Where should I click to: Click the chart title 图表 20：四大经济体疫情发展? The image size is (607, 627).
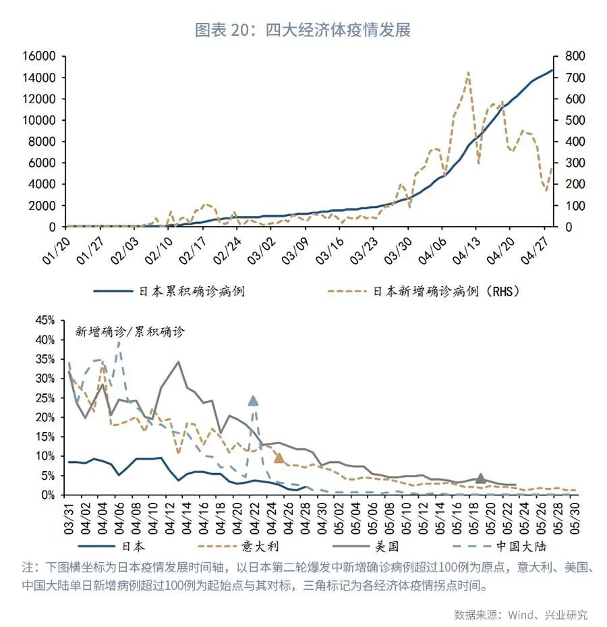303,30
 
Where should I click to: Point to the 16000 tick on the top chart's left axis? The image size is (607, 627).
38,57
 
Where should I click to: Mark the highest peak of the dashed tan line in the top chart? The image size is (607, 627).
467,72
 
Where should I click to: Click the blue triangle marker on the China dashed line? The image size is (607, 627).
253,401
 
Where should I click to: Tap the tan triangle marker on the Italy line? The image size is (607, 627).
279,458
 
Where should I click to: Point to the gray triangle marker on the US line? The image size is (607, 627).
480,479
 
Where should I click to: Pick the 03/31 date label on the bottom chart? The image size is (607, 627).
71,516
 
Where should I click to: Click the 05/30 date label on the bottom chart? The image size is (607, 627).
574,516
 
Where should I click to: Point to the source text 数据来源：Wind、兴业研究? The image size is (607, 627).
520,615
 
